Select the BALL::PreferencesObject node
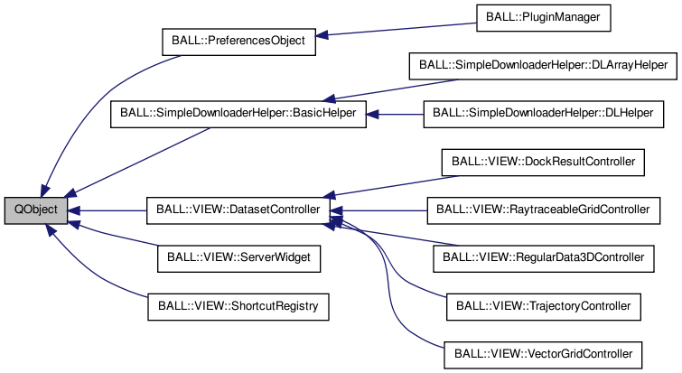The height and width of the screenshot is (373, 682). (x=238, y=42)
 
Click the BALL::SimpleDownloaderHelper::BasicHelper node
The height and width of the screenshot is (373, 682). (x=238, y=114)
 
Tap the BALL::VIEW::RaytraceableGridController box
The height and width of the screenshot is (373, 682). (x=542, y=210)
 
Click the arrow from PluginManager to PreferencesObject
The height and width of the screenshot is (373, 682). (x=397, y=29)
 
